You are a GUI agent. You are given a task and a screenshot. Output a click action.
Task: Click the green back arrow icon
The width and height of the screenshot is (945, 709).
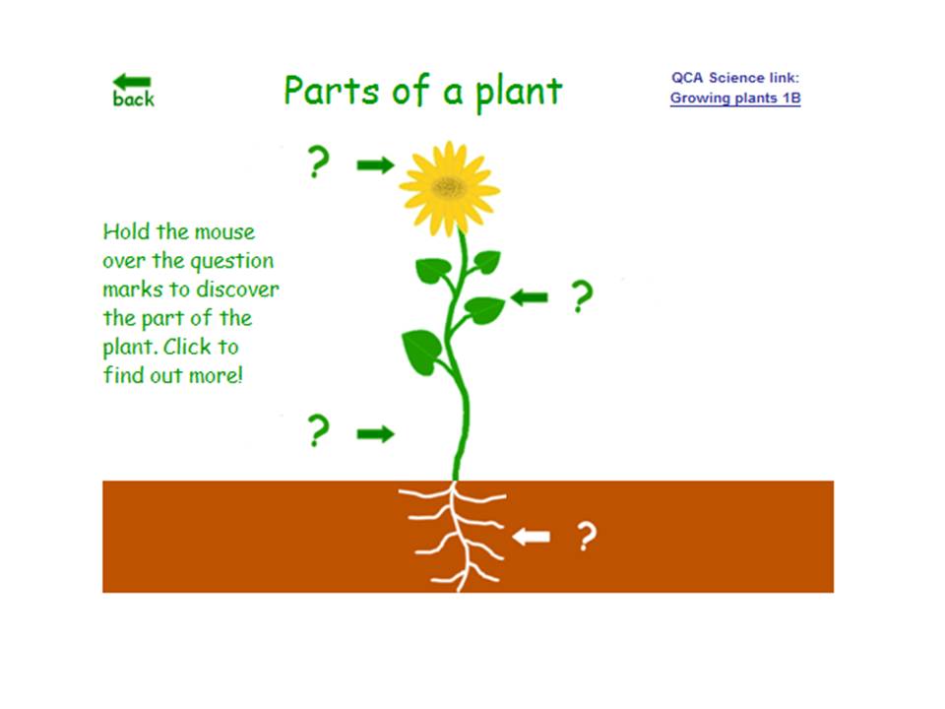point(132,82)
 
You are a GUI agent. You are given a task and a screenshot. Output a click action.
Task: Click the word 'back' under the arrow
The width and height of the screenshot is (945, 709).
point(134,99)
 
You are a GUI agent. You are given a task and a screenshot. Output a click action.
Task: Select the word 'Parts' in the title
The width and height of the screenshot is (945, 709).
point(325,91)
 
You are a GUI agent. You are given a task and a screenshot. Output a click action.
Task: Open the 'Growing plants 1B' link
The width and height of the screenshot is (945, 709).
point(734,97)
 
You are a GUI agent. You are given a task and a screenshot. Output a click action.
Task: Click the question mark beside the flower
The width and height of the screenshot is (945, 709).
point(317,162)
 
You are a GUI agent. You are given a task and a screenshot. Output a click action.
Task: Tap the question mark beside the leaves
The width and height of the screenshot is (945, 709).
point(583,296)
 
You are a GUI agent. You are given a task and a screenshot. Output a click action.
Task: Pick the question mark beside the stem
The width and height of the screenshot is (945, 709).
point(317,431)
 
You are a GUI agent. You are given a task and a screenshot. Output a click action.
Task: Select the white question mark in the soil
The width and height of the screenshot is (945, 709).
point(586,537)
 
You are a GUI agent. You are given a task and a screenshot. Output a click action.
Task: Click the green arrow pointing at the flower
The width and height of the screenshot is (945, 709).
point(374,164)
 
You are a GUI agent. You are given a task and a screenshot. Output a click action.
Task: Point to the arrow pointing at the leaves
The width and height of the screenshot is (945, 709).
point(530,296)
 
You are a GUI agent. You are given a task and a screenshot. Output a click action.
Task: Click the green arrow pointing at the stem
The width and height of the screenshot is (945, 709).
point(374,433)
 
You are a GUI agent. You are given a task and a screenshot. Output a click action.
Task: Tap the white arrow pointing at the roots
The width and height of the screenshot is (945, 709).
point(532,537)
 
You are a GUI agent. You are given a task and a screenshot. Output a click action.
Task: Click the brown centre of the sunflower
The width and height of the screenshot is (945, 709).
point(450,186)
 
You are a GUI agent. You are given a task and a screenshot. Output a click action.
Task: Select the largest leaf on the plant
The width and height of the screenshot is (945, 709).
point(421,350)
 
